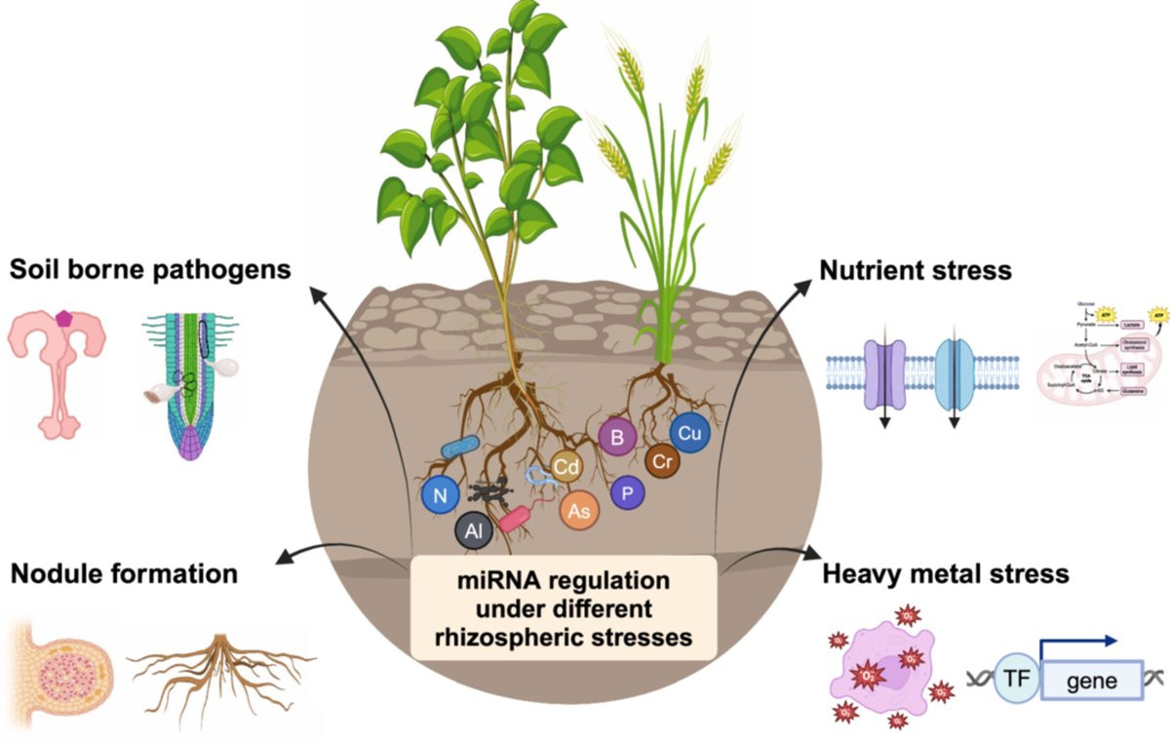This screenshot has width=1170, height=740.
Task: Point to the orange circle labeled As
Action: click(x=577, y=510)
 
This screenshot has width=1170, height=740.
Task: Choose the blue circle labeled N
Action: click(x=441, y=496)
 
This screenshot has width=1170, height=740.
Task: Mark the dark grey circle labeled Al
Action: click(x=473, y=532)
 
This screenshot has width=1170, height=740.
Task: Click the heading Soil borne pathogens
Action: click(x=150, y=268)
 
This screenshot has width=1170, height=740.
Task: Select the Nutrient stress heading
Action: click(x=916, y=268)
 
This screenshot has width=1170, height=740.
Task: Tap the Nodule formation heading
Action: click(x=124, y=573)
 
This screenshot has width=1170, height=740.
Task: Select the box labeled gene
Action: click(x=1092, y=679)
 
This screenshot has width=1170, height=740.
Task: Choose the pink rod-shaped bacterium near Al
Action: click(x=514, y=519)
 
